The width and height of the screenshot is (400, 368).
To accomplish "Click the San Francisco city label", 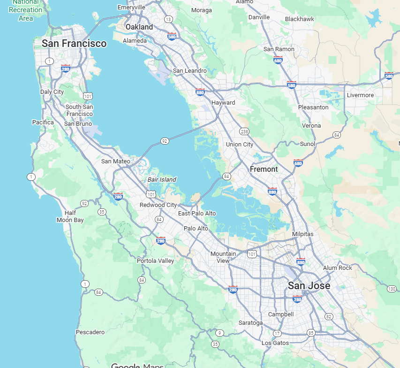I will [x=74, y=44].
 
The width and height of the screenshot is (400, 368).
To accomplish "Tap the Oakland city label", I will [x=139, y=27].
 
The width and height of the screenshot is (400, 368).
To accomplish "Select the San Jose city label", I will [x=309, y=285].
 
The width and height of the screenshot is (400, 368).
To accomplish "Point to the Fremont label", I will [x=264, y=169].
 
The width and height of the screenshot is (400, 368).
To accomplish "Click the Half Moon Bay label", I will [x=70, y=216].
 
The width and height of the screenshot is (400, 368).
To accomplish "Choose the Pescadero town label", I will [x=90, y=332].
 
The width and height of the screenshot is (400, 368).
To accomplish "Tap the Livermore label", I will [x=360, y=95].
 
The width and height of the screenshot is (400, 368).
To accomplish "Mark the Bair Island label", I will [x=162, y=179].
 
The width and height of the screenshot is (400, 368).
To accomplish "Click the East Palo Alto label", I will [x=197, y=214].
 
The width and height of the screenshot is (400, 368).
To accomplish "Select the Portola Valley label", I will [x=155, y=261].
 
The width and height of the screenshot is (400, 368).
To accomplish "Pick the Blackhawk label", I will [x=299, y=19].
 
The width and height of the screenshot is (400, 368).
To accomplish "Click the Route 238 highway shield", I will [x=244, y=131].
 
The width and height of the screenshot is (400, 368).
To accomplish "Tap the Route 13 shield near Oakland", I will [x=168, y=19].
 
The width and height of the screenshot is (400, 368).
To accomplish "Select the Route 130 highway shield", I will [x=392, y=288].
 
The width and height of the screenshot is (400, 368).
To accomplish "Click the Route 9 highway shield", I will [x=219, y=333].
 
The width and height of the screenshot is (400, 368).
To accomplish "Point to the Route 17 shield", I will [x=277, y=334].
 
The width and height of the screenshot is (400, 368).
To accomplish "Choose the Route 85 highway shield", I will [x=311, y=333].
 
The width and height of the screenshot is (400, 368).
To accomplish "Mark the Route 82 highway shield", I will [x=329, y=316].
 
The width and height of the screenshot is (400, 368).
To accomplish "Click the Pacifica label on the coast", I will [x=43, y=123].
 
